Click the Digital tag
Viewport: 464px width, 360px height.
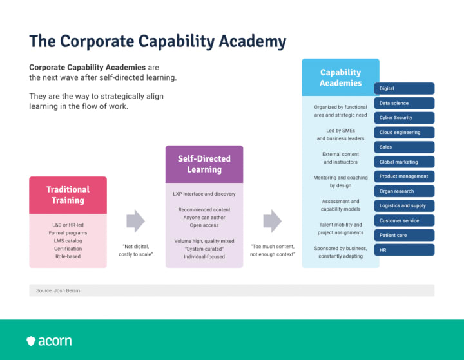(x=404, y=88)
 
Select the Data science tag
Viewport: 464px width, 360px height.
(x=404, y=103)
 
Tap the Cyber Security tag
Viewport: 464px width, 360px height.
(x=404, y=118)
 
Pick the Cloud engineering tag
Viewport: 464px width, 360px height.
(x=404, y=133)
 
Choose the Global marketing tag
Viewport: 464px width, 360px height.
(x=404, y=162)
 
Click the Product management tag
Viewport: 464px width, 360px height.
(x=404, y=176)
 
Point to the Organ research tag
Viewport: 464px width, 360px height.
(x=404, y=191)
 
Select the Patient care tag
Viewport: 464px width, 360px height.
(x=404, y=235)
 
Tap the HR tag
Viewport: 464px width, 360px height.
(x=404, y=250)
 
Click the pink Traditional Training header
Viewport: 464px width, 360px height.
(x=68, y=195)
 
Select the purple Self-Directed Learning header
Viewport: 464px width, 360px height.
(x=204, y=164)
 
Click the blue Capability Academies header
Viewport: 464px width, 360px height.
(x=341, y=78)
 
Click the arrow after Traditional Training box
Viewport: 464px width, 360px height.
(x=135, y=221)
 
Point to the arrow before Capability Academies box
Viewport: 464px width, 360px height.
(x=272, y=221)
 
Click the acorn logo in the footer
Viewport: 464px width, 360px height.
(x=49, y=341)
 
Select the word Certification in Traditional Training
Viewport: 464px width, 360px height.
(x=68, y=249)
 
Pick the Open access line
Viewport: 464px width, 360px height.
(x=204, y=225)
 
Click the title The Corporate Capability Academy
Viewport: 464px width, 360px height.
(x=158, y=41)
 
